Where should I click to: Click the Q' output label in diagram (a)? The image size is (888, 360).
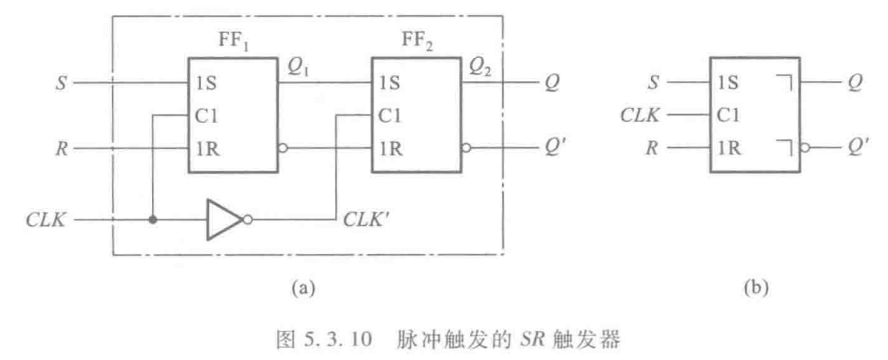(x=559, y=149)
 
